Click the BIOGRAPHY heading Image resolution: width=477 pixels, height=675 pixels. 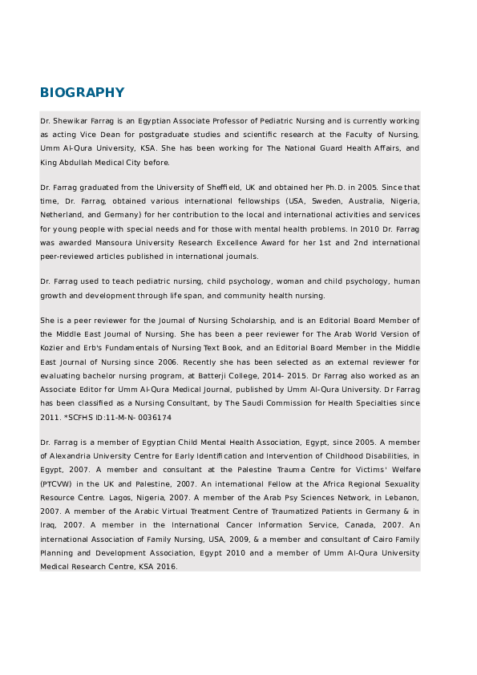(x=83, y=92)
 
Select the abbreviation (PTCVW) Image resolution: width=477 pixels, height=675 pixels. (x=54, y=483)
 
